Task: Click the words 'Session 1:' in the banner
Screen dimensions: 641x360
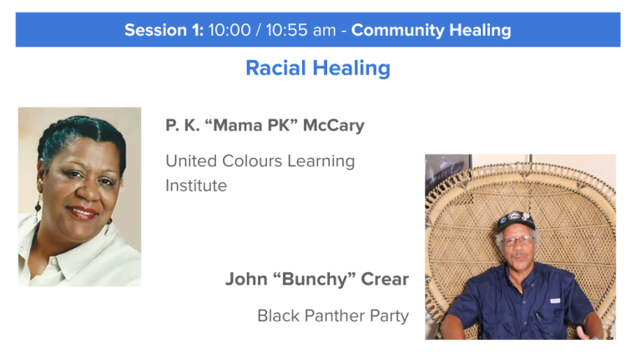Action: click(164, 30)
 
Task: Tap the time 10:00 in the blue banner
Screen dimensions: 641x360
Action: click(230, 30)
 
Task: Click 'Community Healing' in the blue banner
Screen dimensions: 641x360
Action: click(432, 30)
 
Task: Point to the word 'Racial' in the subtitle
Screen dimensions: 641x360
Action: click(276, 68)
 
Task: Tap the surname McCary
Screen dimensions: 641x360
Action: click(333, 125)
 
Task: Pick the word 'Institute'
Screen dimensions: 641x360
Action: click(196, 185)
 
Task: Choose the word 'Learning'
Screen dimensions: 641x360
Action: click(320, 161)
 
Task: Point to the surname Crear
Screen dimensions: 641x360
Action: click(385, 279)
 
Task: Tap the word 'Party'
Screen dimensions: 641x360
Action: click(389, 317)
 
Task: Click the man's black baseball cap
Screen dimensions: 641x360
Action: click(515, 221)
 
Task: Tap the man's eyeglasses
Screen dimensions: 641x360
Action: click(517, 241)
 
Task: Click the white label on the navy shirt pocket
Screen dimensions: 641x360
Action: click(555, 301)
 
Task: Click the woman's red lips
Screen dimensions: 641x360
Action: click(82, 213)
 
